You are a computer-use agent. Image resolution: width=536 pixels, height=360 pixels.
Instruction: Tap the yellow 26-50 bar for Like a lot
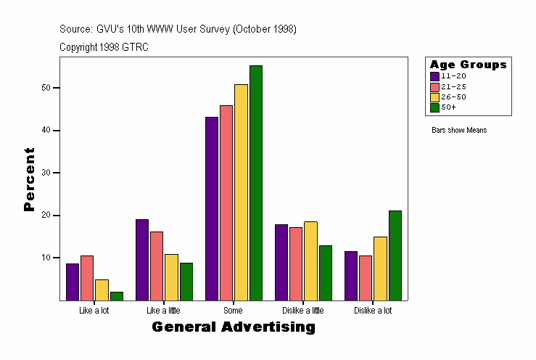pos(102,290)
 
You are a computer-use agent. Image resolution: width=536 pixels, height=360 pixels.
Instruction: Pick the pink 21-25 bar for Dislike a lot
pos(366,278)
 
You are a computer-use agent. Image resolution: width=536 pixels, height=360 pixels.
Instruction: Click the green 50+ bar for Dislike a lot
pos(395,255)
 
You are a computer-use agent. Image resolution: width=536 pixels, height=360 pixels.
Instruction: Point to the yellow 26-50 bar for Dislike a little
pos(310,261)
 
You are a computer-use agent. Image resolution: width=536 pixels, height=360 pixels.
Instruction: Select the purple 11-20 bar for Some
pos(212,208)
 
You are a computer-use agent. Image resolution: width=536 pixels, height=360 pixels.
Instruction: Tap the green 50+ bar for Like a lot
pos(116,296)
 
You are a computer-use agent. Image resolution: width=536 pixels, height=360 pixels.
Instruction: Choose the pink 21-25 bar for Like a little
pos(157,266)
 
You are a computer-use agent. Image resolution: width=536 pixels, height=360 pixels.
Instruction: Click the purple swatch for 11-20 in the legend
pos(434,76)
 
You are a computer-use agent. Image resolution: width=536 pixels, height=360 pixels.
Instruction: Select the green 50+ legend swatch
pos(434,107)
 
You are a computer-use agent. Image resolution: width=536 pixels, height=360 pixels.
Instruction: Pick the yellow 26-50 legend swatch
pos(434,97)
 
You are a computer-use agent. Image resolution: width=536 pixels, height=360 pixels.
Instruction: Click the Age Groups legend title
pos(468,65)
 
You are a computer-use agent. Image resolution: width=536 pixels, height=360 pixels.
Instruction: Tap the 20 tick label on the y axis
pos(47,216)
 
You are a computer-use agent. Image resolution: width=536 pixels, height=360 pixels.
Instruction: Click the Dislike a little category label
pos(303,311)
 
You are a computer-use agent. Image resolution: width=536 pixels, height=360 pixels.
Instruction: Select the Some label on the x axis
pos(233,311)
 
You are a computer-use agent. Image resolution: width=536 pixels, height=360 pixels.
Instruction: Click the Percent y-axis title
pos(29,179)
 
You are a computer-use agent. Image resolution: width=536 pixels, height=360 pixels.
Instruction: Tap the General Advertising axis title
pos(234,327)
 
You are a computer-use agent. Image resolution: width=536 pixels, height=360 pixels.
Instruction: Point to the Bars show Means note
pos(459,131)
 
